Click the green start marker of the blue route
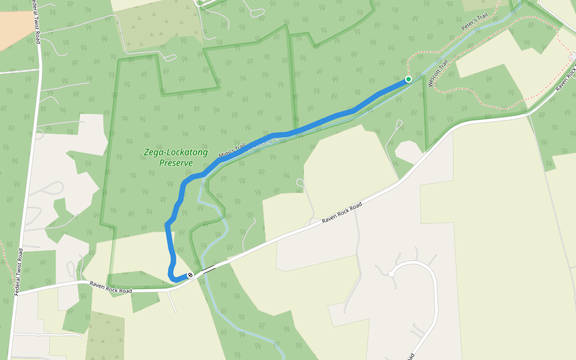pos(409,79)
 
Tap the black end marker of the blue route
pos(190,275)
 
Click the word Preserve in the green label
pos(176,163)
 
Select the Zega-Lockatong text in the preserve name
pos(176,152)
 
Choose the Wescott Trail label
pos(439,74)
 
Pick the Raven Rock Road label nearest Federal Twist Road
pos(110,287)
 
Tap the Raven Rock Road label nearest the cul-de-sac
pos(342,213)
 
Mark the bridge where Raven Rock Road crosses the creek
pos(209,269)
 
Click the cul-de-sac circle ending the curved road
pos(391,274)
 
